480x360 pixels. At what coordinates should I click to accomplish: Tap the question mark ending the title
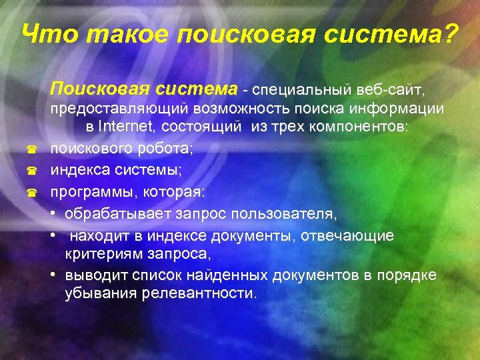click(x=451, y=34)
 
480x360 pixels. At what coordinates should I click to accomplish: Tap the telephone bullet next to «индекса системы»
click(x=30, y=172)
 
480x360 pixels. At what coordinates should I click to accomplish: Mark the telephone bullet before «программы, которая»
click(x=30, y=193)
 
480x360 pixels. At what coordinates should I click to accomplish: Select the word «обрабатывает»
click(x=118, y=214)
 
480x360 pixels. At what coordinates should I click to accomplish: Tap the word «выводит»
click(x=91, y=275)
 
